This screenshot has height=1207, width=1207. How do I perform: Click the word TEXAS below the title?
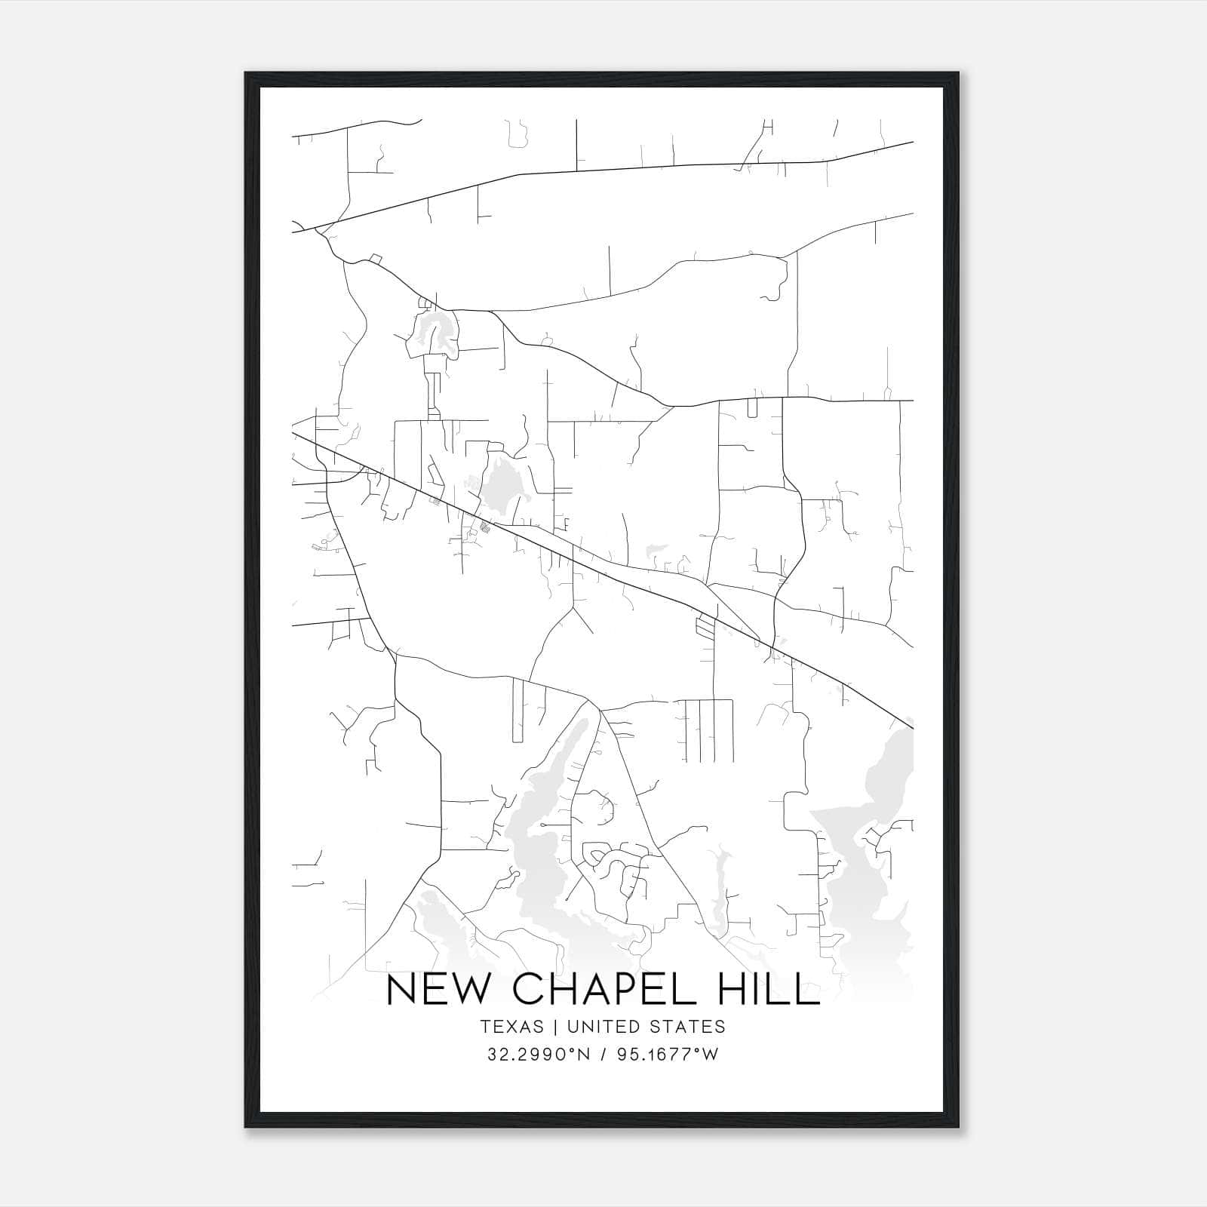[x=511, y=1027]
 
